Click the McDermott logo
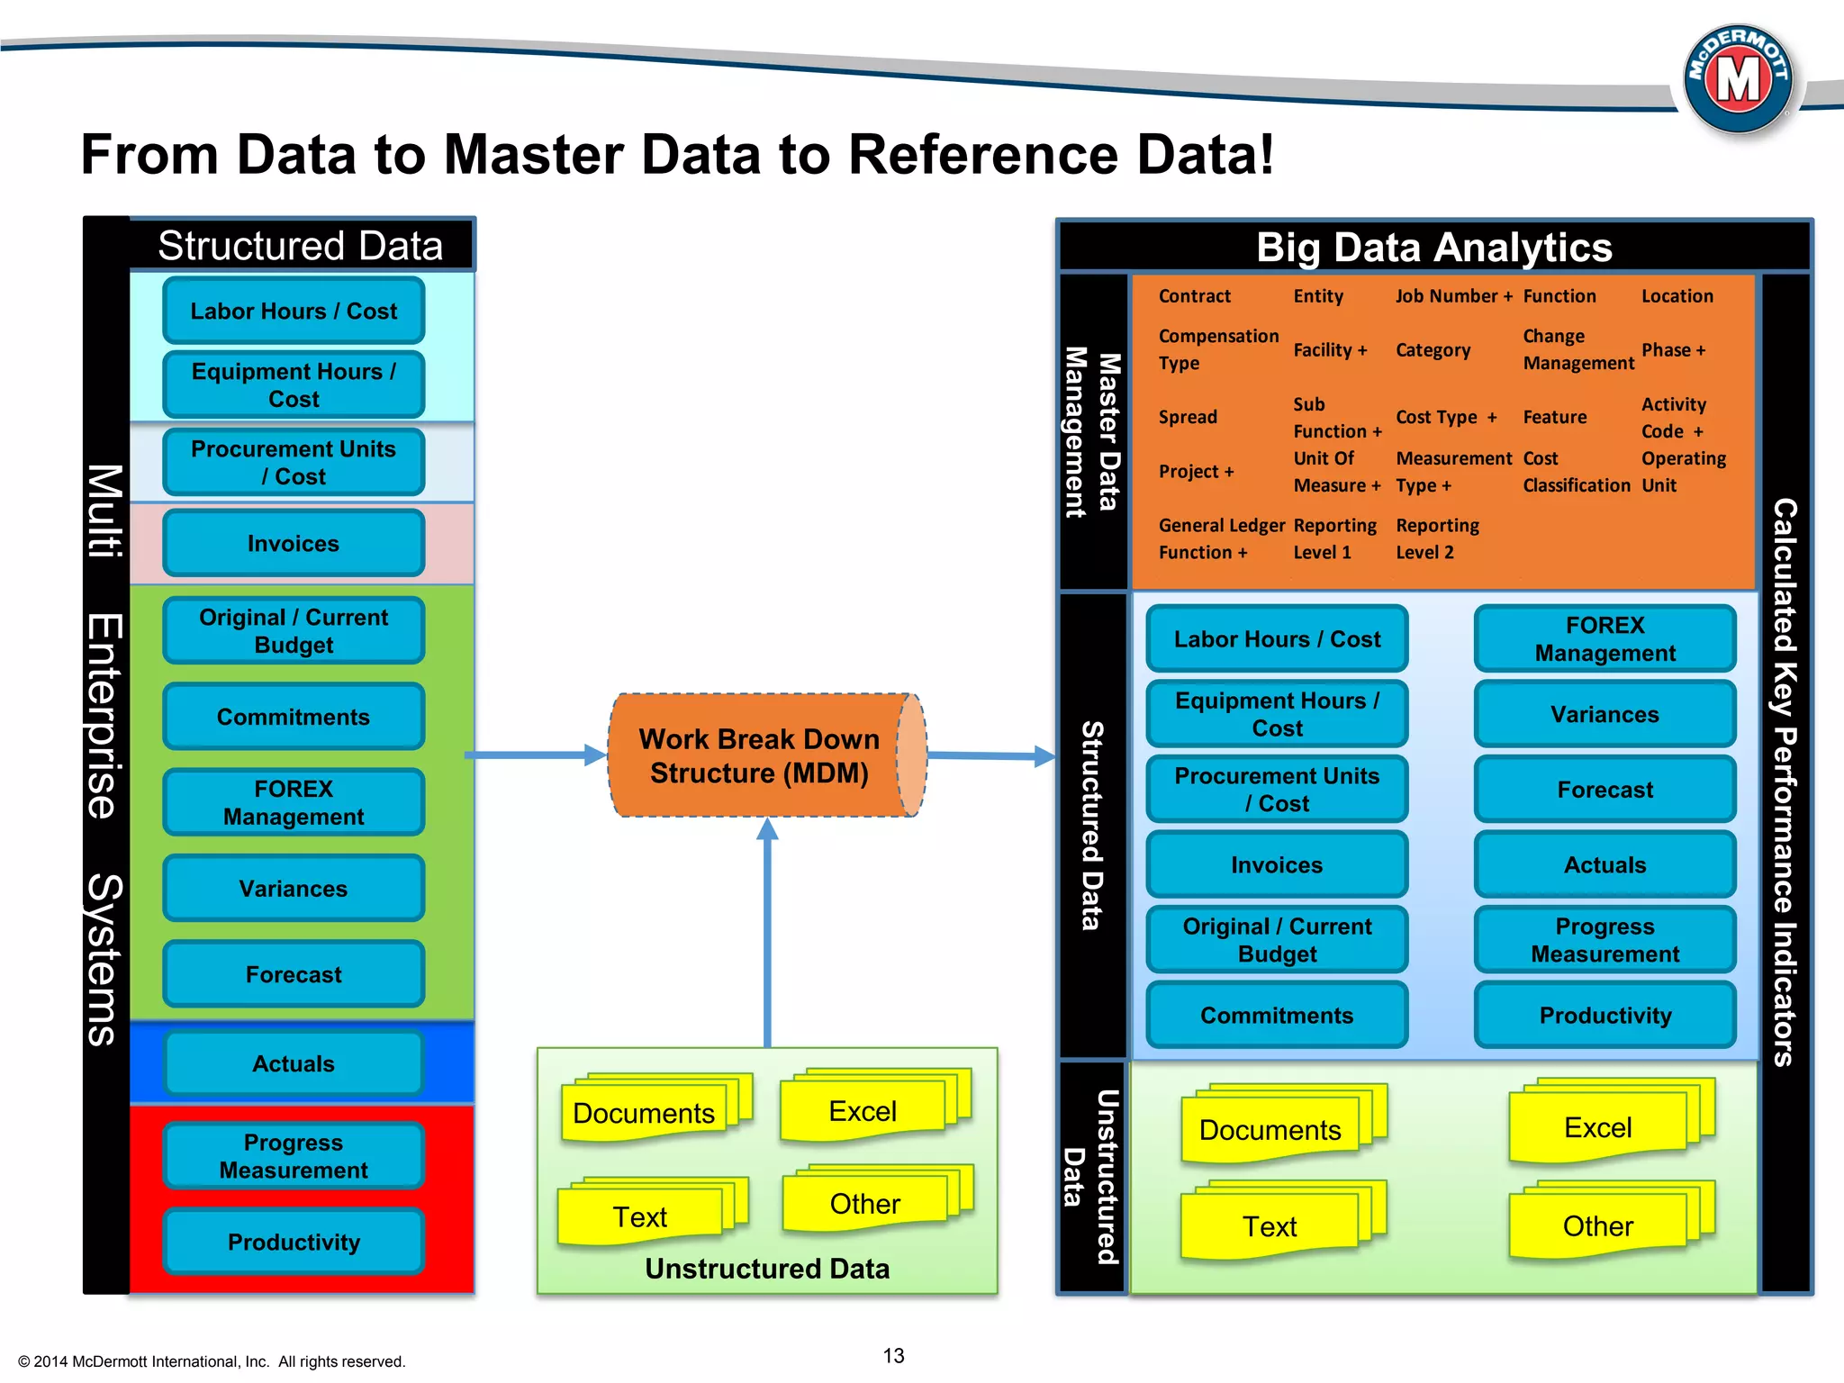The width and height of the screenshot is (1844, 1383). point(1737,79)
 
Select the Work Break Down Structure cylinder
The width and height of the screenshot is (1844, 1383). point(759,755)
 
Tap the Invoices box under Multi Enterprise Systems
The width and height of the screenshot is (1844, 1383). point(294,543)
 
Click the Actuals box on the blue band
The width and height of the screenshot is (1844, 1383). point(294,1063)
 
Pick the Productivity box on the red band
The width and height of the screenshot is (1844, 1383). point(294,1242)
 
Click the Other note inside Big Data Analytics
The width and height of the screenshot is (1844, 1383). point(1598,1225)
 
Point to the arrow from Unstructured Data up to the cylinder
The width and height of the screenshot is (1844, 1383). point(767,936)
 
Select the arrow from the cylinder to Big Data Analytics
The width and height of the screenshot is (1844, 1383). point(990,756)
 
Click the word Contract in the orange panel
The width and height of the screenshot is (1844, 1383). point(1194,296)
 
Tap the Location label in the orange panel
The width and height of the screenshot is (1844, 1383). point(1677,296)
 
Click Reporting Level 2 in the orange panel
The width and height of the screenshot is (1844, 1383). point(1437,538)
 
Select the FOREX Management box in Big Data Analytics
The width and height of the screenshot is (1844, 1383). point(1604,639)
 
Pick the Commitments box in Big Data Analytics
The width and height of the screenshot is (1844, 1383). point(1277,1015)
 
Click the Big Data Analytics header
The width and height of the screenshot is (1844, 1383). point(1433,247)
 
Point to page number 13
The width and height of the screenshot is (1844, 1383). point(893,1355)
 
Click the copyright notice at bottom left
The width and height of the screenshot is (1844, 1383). point(212,1361)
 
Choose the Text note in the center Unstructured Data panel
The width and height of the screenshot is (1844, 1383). point(640,1216)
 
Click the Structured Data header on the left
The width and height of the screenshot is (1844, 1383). point(301,245)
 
